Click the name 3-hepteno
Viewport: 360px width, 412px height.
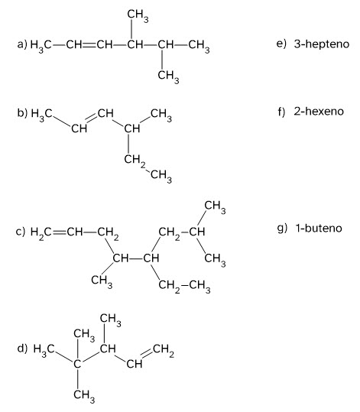coord(322,44)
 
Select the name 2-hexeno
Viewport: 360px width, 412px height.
coord(319,112)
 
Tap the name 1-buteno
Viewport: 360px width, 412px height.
coord(319,228)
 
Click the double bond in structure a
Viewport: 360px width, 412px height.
coord(89,45)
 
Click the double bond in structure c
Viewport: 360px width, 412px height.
coord(60,232)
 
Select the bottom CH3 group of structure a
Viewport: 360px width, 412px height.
coord(168,76)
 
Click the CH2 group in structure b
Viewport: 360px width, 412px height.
coord(135,161)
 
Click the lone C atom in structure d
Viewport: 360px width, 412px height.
coord(77,364)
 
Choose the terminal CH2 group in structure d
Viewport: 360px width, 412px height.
coord(163,350)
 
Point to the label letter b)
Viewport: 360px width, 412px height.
coord(22,113)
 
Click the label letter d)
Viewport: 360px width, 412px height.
coord(22,349)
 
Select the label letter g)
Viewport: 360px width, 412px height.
coord(282,229)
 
